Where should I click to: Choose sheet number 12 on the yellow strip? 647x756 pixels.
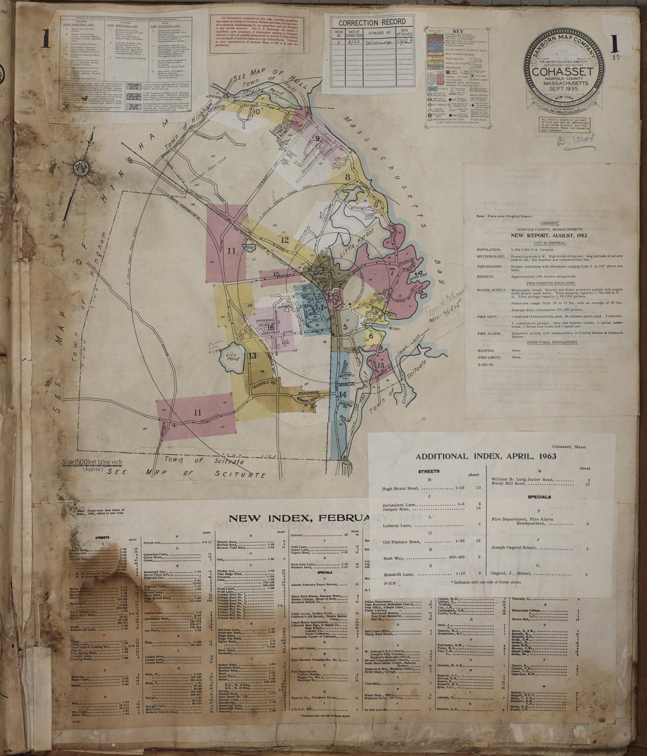(284, 240)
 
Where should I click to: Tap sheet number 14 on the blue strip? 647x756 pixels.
(343, 394)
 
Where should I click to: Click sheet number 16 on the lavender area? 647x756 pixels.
(271, 315)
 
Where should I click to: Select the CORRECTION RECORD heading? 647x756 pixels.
(372, 22)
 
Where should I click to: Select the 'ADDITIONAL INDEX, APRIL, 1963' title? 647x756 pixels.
(486, 456)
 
